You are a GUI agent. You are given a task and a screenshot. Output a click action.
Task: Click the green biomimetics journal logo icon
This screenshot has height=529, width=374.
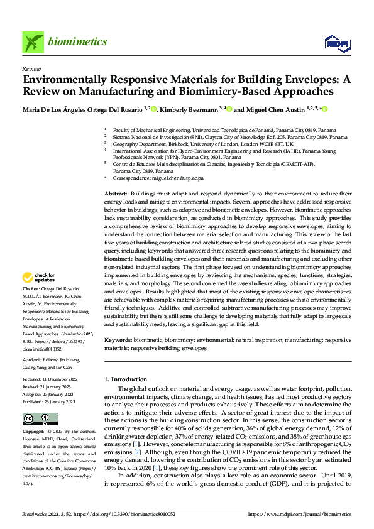pos(33,43)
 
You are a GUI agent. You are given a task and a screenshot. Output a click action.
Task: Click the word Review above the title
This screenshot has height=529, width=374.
pos(31,68)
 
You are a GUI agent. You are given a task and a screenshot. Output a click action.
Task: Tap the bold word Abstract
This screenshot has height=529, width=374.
pos(115,193)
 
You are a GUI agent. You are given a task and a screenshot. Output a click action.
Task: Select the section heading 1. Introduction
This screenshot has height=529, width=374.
pos(125,379)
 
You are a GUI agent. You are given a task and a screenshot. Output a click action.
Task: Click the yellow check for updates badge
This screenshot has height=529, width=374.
pos(38,277)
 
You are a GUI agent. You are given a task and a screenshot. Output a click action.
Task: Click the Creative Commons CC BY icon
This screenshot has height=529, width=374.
pos(40,419)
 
